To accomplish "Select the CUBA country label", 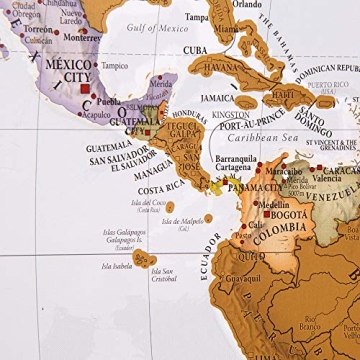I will tap(195, 50).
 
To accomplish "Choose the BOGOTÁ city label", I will tap(288, 214).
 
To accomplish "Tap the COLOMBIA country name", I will tap(285, 227).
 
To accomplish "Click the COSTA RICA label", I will tap(160, 190).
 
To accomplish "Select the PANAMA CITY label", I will tap(252, 187).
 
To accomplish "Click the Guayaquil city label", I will tap(242, 279).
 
